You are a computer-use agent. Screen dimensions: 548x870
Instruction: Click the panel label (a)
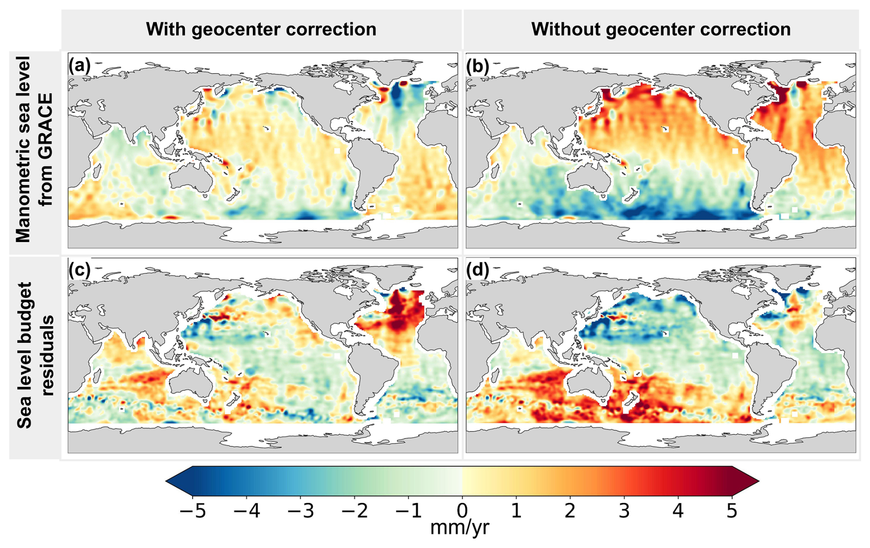click(x=79, y=66)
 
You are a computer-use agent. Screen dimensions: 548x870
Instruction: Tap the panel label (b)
click(x=477, y=66)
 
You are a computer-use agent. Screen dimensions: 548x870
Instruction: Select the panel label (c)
click(x=79, y=270)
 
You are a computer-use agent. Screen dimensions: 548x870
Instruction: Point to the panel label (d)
click(x=477, y=270)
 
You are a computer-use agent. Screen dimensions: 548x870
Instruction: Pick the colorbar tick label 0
click(x=462, y=511)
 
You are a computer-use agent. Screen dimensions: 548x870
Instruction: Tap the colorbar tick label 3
click(x=624, y=511)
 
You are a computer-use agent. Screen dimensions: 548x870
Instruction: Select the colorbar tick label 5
click(x=732, y=511)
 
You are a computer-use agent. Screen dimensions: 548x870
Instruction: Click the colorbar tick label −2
click(x=354, y=511)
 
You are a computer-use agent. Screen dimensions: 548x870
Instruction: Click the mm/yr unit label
click(x=459, y=528)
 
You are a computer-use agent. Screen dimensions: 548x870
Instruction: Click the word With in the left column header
click(x=166, y=29)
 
